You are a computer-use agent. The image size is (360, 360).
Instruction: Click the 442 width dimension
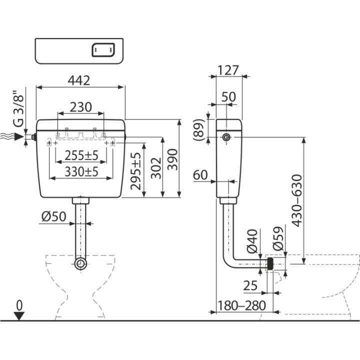click(79, 80)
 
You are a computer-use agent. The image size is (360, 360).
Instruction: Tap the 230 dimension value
click(81, 107)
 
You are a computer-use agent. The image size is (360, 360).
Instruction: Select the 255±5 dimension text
click(81, 155)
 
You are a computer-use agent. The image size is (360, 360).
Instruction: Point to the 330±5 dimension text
click(81, 171)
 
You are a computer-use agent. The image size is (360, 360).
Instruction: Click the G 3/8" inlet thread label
click(18, 108)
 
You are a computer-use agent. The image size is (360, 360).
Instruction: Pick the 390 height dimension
click(172, 159)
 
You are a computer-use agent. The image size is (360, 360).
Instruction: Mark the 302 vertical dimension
click(156, 168)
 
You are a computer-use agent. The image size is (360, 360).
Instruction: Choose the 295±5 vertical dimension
click(135, 171)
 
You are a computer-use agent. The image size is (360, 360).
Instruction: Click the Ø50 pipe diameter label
click(53, 216)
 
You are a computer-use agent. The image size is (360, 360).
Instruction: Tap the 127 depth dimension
click(228, 70)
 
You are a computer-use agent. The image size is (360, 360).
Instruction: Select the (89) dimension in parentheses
click(199, 130)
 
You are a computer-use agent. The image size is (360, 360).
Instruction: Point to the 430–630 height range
click(296, 200)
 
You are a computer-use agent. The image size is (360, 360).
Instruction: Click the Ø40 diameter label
click(252, 241)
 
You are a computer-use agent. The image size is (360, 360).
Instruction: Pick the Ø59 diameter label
click(278, 238)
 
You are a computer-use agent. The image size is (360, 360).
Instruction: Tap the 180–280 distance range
click(242, 305)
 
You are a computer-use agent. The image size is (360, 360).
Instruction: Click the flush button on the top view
click(103, 50)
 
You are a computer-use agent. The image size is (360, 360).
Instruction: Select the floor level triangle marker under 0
click(19, 316)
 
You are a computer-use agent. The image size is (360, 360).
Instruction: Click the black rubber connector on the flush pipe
click(270, 264)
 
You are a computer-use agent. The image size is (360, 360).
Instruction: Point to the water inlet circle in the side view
click(226, 137)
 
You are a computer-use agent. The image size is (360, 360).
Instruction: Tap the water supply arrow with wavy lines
click(12, 136)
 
